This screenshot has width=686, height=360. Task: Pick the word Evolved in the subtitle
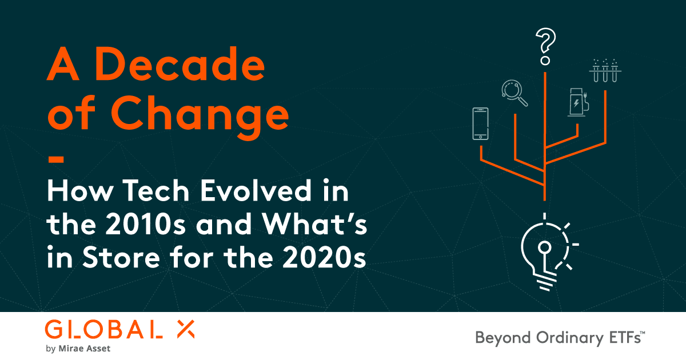[x=264, y=192]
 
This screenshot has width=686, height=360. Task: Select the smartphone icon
[x=481, y=123]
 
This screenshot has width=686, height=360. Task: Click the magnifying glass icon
[x=513, y=93]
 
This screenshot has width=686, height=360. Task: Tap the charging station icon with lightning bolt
[x=577, y=102]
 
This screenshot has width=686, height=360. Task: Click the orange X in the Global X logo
[x=184, y=329]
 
